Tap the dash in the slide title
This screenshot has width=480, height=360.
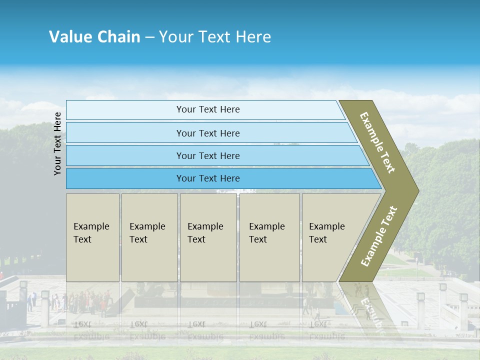click(x=149, y=37)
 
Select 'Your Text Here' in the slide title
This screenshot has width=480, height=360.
click(x=215, y=37)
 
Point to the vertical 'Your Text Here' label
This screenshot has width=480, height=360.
click(x=57, y=144)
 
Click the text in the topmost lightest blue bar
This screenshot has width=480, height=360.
click(x=208, y=109)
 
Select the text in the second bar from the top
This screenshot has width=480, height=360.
click(x=208, y=133)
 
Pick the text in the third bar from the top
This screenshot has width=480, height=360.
click(x=208, y=156)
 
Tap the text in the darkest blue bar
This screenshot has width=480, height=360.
click(x=208, y=178)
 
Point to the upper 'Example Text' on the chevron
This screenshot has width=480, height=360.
click(x=377, y=142)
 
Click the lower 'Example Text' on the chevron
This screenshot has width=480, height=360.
click(x=379, y=236)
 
